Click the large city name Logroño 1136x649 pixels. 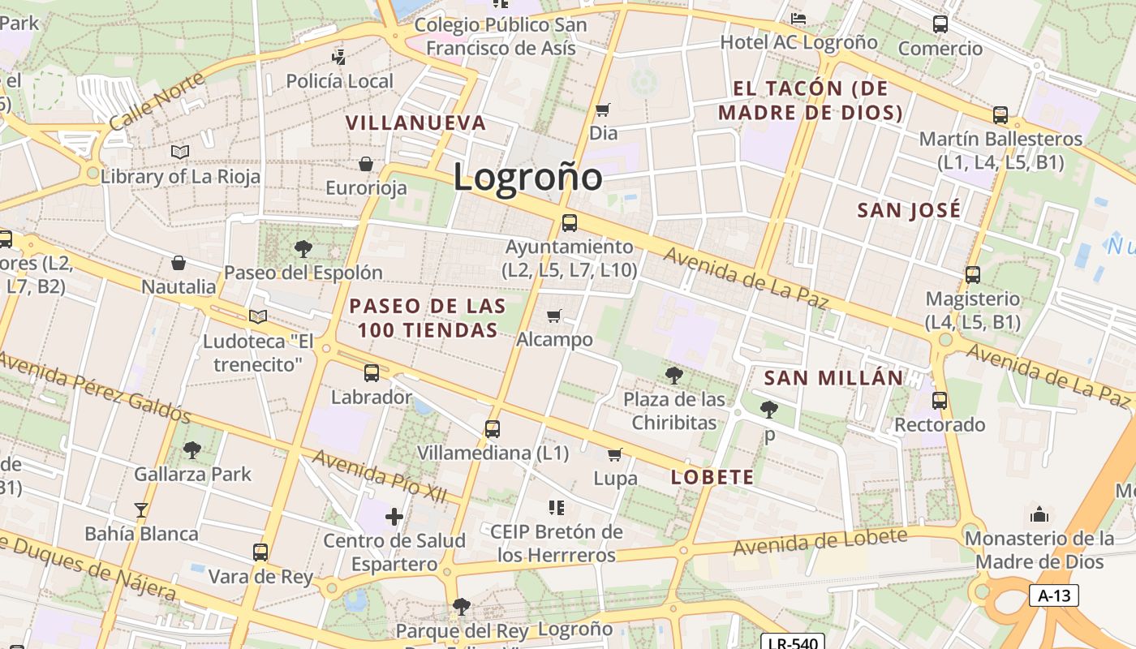tap(527, 177)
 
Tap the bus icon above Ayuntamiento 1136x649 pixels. tap(570, 222)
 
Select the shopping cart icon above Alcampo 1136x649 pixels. tap(554, 316)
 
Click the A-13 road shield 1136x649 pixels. tap(1054, 595)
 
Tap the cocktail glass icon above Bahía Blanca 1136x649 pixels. tap(141, 509)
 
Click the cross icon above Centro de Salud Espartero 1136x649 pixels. tap(394, 516)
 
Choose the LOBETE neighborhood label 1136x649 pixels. tap(712, 477)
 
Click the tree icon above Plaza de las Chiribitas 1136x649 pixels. tap(673, 375)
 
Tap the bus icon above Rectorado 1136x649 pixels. tap(940, 400)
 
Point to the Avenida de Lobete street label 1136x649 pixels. tap(820, 542)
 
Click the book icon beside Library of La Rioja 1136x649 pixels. tap(180, 152)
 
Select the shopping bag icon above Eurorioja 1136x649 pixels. tap(366, 164)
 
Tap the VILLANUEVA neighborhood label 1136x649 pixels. tap(415, 122)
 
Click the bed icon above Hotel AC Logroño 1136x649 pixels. tap(798, 18)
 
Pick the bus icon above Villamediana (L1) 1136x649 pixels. tap(493, 428)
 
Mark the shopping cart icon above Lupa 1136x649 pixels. tap(615, 454)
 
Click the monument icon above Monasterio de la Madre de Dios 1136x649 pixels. tap(1039, 514)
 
